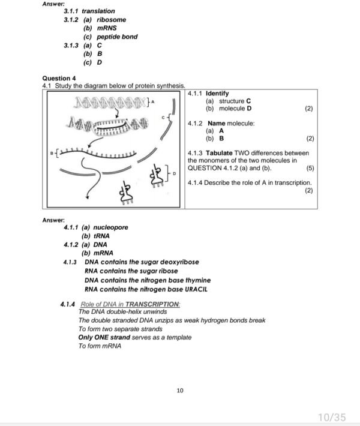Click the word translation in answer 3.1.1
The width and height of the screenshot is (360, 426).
pos(98,11)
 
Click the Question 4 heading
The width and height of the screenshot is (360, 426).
pos(59,78)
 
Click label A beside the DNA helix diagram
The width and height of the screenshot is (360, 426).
pos(152,103)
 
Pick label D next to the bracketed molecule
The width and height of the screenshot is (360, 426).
pos(175,174)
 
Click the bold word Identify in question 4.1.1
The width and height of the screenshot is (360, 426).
pos(217,94)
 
